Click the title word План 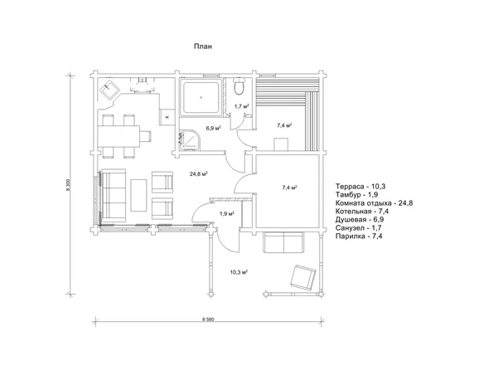[x=203, y=46]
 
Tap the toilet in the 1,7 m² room [x=240, y=85]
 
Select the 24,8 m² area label [x=198, y=174]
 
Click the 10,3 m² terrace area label [x=240, y=272]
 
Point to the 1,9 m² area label [x=227, y=213]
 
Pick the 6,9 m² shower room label [x=213, y=127]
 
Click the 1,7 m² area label [x=242, y=106]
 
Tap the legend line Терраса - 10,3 [x=361, y=187]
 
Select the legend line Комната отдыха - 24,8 [x=375, y=203]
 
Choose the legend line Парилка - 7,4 [x=360, y=236]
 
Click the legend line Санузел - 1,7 [x=359, y=228]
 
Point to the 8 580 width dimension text [x=208, y=319]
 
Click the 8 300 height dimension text [x=69, y=185]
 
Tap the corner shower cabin [x=188, y=139]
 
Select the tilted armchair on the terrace [x=303, y=277]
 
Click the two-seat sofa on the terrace [x=283, y=242]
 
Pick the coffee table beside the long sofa [x=138, y=196]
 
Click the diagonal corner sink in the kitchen [x=109, y=88]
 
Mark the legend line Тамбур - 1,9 [x=357, y=195]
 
